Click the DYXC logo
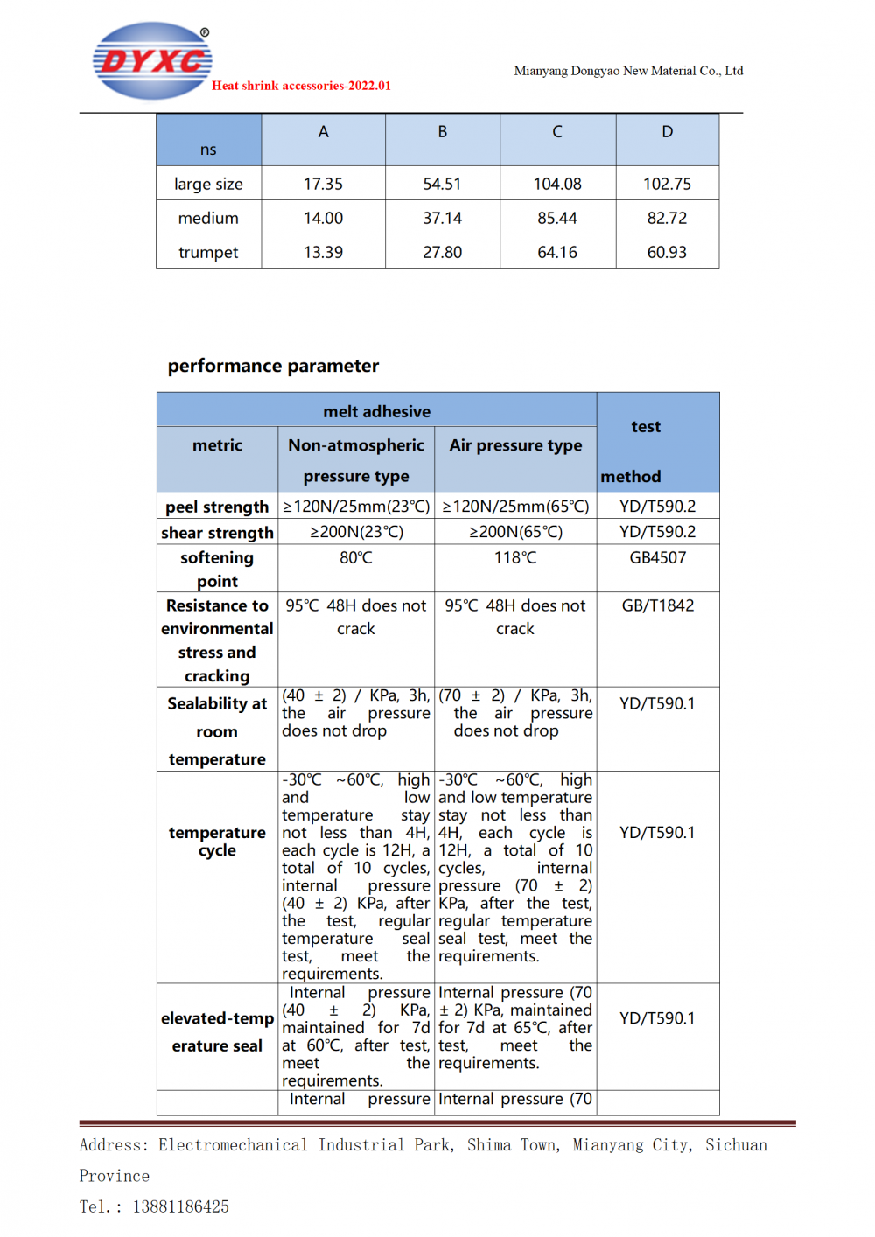(x=152, y=60)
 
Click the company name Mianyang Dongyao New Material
(x=628, y=71)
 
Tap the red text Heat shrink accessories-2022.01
(x=301, y=86)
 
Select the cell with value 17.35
(x=323, y=184)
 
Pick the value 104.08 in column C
(x=557, y=184)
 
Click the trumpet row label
(x=208, y=252)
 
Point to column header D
(x=668, y=132)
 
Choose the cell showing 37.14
(x=442, y=218)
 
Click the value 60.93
(x=668, y=252)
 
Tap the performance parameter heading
(x=273, y=366)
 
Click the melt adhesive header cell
(x=376, y=411)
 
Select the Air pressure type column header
(x=515, y=445)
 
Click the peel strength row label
(x=217, y=507)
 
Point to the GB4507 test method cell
(x=658, y=557)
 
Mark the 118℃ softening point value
(x=515, y=557)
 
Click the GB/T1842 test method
(x=658, y=605)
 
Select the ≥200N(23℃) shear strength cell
(x=356, y=532)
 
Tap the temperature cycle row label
(x=217, y=842)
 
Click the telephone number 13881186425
(x=181, y=1206)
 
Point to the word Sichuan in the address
(x=736, y=1145)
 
